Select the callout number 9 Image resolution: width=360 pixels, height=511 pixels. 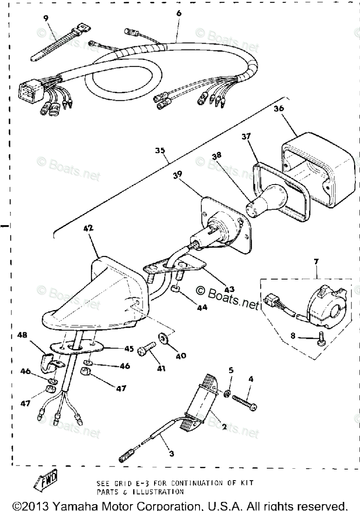45,18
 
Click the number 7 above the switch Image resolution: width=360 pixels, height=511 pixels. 316,262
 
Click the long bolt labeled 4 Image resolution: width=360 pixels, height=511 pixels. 244,401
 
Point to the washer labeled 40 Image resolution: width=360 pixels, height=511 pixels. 162,339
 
